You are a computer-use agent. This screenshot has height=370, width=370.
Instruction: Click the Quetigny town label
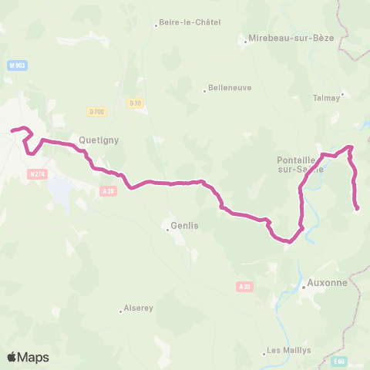[97, 140]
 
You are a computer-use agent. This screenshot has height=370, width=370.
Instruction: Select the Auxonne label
[328, 282]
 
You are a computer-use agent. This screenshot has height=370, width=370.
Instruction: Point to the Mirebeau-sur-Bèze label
[291, 37]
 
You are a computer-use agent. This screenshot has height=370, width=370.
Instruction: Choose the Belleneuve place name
[230, 88]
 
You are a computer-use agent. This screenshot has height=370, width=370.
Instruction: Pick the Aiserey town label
[136, 308]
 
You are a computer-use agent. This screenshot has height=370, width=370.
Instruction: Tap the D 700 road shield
[96, 113]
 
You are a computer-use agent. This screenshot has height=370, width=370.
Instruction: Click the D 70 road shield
[135, 103]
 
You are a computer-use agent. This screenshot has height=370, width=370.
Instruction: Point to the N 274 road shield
[36, 174]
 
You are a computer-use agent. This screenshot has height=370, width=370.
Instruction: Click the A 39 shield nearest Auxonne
[244, 287]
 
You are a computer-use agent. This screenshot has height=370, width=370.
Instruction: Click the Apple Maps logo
[28, 357]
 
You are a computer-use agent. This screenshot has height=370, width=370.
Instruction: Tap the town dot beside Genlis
[168, 228]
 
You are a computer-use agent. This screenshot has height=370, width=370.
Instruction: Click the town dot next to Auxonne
[304, 287]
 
